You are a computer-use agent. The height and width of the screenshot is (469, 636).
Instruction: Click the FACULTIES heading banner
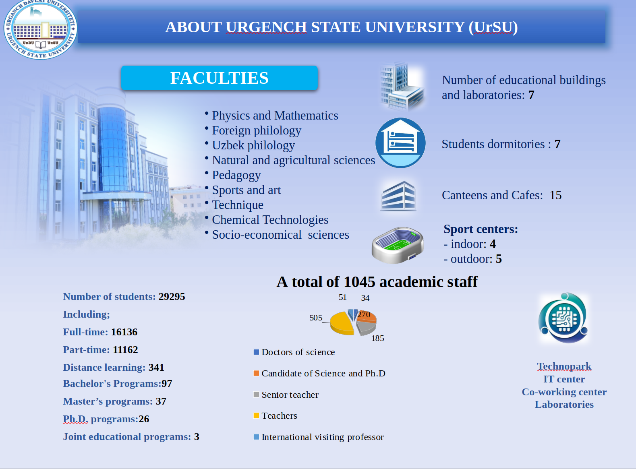[220, 78]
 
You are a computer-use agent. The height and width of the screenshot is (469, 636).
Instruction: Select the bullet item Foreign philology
[257, 130]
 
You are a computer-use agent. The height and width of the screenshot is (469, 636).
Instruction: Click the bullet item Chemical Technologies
[270, 220]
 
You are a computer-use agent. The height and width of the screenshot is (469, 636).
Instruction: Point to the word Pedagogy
[236, 175]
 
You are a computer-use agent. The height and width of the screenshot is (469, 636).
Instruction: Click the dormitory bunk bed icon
[401, 143]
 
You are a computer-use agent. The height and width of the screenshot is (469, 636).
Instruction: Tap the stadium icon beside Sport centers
[398, 245]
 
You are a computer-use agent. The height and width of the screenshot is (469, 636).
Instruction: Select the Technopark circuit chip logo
[563, 318]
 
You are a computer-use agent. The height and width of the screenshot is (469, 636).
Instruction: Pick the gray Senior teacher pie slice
[366, 328]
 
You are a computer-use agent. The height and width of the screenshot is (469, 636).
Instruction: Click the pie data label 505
[316, 318]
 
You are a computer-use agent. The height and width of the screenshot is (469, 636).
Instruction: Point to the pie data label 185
[378, 338]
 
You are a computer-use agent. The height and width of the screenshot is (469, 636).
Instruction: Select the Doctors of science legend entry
[294, 352]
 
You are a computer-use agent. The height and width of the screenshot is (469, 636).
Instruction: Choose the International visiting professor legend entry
[319, 437]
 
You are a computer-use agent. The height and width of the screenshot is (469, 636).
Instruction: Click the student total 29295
[172, 296]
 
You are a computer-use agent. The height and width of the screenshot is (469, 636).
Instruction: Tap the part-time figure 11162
[125, 350]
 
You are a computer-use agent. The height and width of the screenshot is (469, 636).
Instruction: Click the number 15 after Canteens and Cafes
[555, 195]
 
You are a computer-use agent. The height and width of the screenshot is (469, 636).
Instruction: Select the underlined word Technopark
[564, 366]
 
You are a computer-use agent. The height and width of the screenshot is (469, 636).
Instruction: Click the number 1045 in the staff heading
[359, 282]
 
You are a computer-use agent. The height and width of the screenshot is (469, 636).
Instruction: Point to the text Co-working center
[564, 392]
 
